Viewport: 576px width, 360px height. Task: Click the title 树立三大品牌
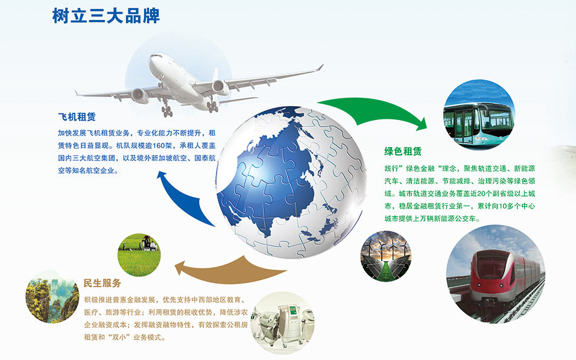(106, 16)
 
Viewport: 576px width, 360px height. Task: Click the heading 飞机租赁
(77, 117)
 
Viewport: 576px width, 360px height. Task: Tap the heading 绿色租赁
(403, 151)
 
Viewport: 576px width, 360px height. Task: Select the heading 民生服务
(102, 283)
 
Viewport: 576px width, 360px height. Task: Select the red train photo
(496, 274)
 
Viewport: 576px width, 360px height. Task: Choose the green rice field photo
(139, 255)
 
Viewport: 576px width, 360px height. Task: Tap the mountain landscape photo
(52, 297)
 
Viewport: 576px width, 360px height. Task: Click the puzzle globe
(291, 182)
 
